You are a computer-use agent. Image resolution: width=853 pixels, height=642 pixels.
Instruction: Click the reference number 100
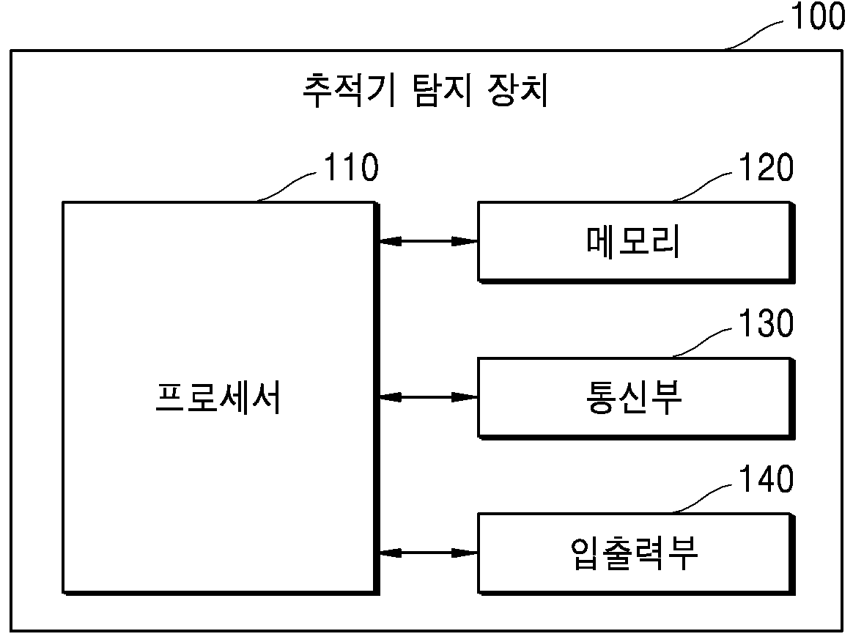(x=818, y=15)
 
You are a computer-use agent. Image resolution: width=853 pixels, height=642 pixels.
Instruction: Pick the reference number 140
(x=766, y=479)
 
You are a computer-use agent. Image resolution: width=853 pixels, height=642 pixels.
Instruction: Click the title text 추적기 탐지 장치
(x=425, y=89)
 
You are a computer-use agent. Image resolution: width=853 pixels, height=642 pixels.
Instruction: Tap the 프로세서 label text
(x=218, y=398)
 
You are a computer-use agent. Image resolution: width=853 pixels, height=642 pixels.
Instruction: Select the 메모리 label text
(x=633, y=241)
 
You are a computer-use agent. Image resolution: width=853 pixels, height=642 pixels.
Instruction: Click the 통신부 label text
(x=633, y=397)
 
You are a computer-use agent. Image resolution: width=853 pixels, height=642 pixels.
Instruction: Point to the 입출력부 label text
(x=633, y=553)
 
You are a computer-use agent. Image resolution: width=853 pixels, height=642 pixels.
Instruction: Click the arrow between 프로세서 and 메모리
(x=429, y=241)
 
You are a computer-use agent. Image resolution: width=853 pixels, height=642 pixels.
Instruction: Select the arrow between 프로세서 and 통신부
(x=429, y=398)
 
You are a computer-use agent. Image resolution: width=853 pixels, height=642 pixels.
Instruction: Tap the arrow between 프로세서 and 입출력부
(x=429, y=553)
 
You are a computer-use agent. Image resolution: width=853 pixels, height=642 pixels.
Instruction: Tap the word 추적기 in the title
(x=349, y=89)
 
